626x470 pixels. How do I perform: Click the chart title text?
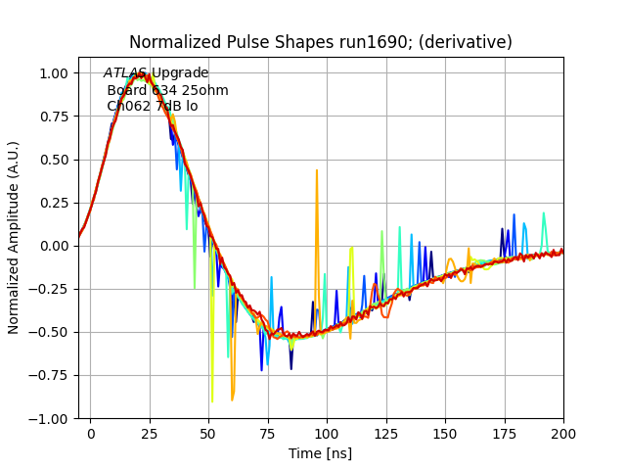(x=321, y=42)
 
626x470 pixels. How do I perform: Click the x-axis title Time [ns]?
(x=321, y=453)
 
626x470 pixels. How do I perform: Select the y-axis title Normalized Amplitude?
(x=14, y=238)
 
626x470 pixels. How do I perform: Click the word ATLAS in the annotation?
(x=125, y=73)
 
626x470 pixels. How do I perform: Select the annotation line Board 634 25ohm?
(x=167, y=90)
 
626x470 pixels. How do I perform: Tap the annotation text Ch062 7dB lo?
(x=152, y=106)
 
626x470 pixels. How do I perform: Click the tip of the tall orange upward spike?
(x=317, y=170)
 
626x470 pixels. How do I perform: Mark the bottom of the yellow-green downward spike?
(x=212, y=401)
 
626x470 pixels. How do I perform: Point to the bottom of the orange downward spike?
(x=232, y=399)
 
